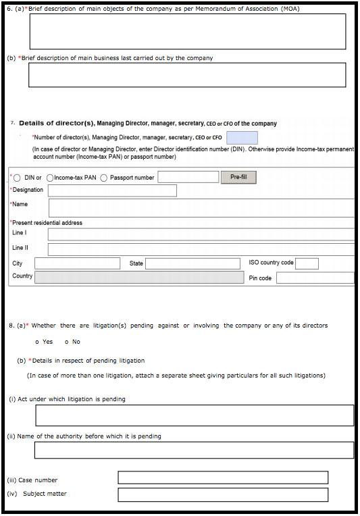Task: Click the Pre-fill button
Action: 238,177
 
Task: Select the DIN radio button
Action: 17,178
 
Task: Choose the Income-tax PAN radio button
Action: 50,178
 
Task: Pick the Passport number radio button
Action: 104,178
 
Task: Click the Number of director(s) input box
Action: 242,138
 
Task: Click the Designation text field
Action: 112,190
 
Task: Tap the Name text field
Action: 201,207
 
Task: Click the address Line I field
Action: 201,234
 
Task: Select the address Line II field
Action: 201,249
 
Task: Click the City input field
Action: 77,263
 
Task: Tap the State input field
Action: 192,263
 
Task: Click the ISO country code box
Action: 307,263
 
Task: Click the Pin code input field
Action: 315,278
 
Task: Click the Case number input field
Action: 223,478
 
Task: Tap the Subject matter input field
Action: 223,494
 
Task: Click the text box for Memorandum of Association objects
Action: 187,31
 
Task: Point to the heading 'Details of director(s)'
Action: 57,124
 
